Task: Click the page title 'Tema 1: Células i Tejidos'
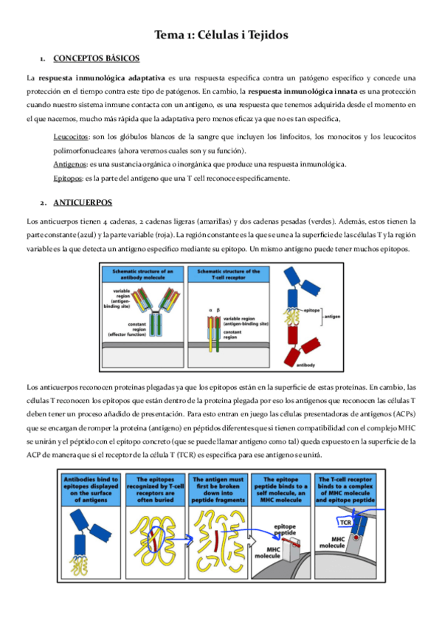coord(221,35)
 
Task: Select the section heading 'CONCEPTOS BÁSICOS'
coord(97,58)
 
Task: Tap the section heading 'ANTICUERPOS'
coord(83,202)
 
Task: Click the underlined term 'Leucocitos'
coord(71,137)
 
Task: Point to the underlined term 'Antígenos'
coord(71,164)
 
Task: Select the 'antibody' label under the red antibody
coord(306,364)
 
